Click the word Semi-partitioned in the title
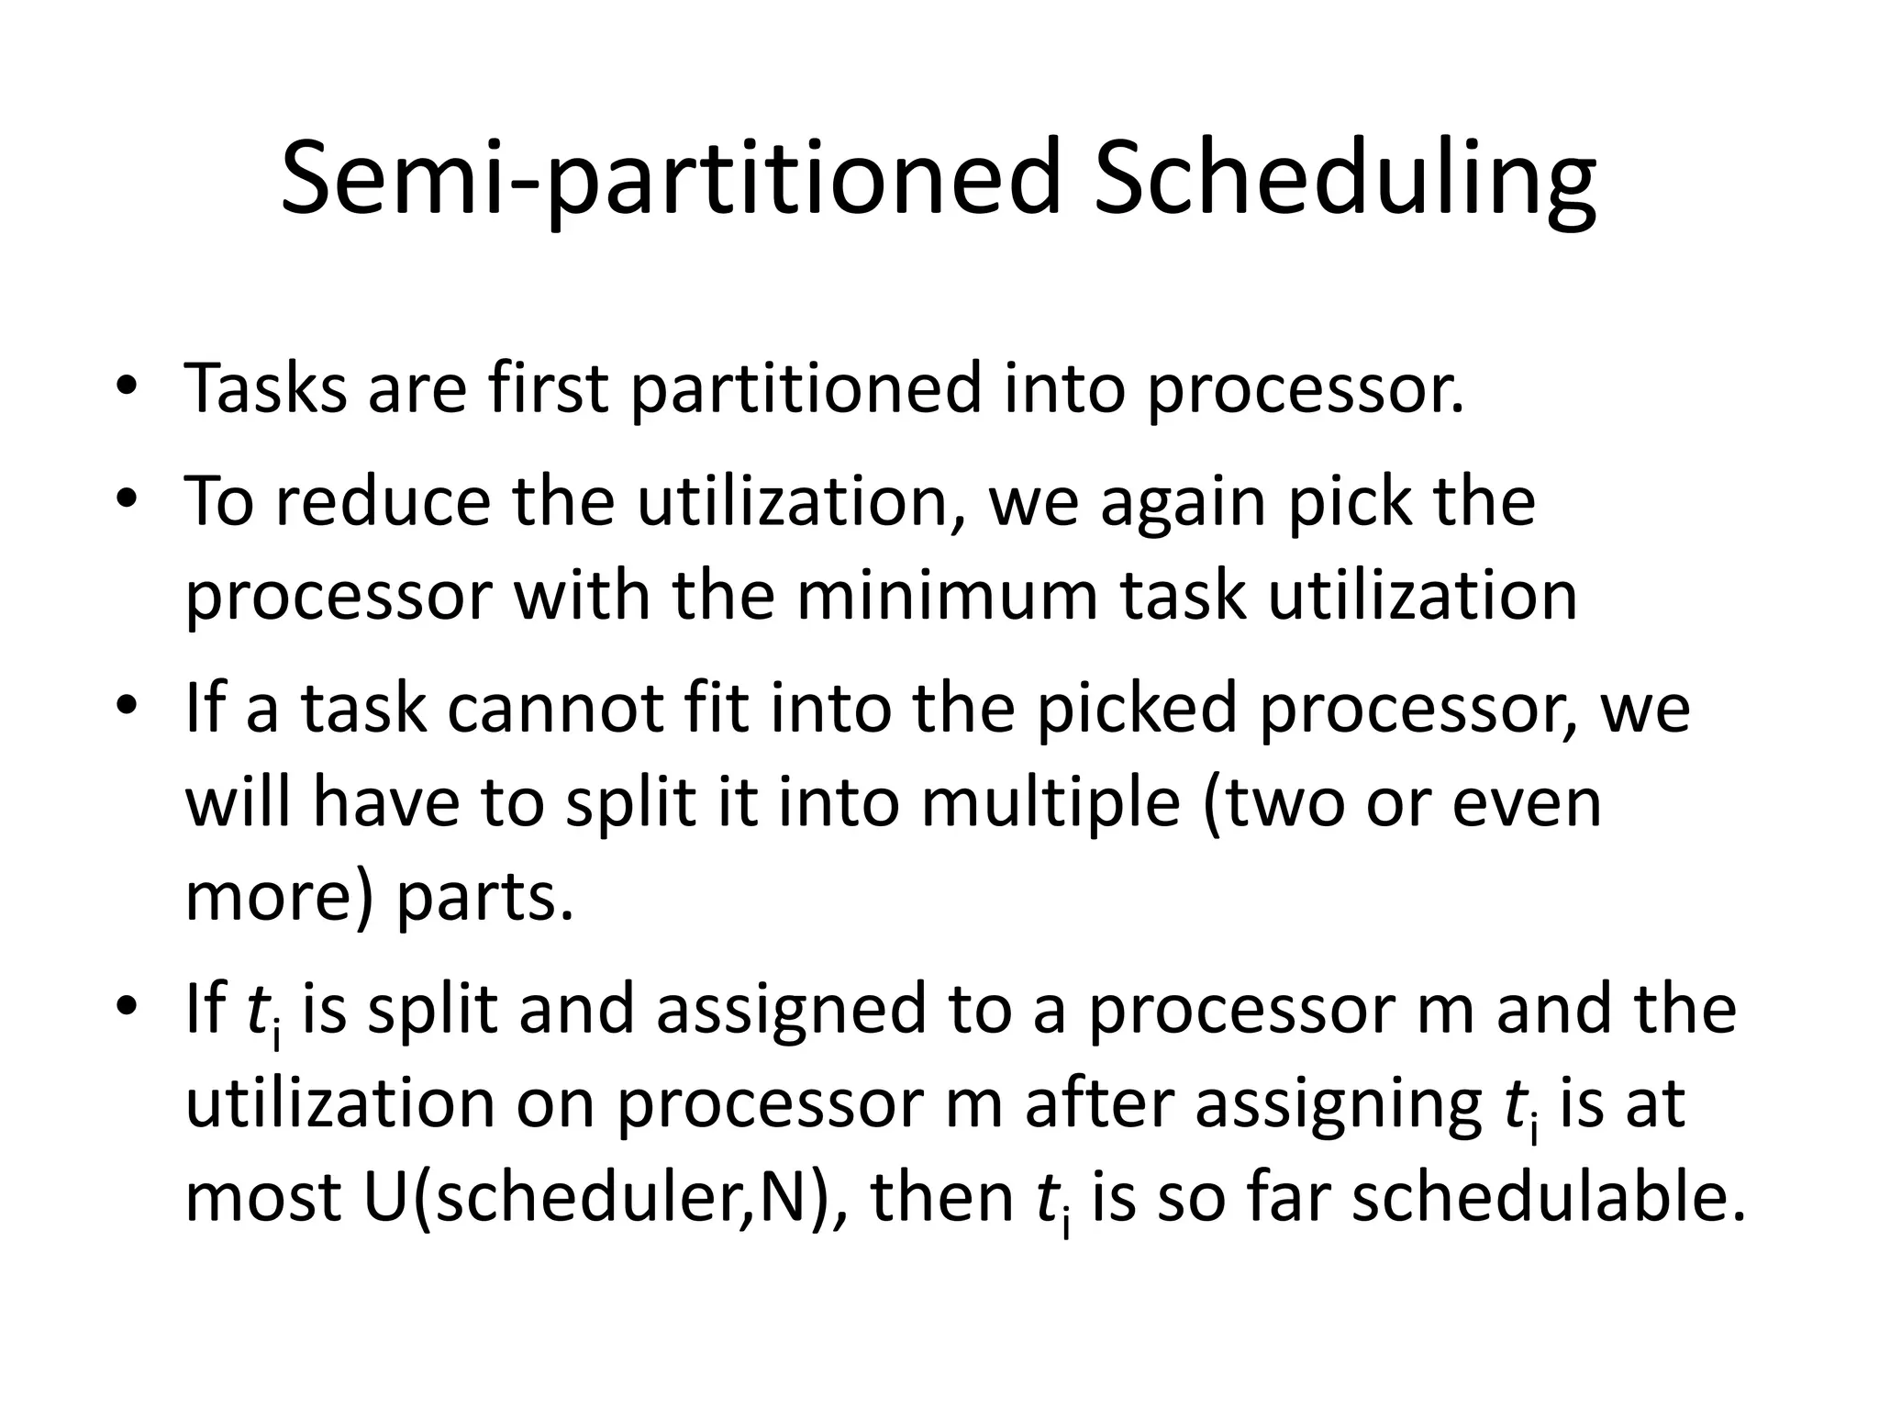pos(670,180)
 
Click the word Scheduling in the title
pos(1345,180)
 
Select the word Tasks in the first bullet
pos(265,388)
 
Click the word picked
pos(1138,710)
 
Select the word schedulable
pos(1550,1197)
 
